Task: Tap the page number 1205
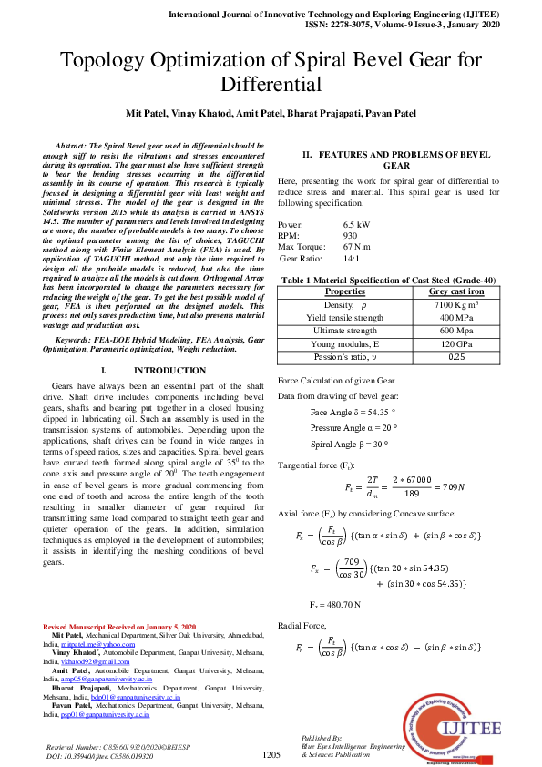click(x=271, y=755)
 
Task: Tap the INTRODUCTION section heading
click(x=169, y=372)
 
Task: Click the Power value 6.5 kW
click(x=356, y=224)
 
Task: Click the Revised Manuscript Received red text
click(x=119, y=628)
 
